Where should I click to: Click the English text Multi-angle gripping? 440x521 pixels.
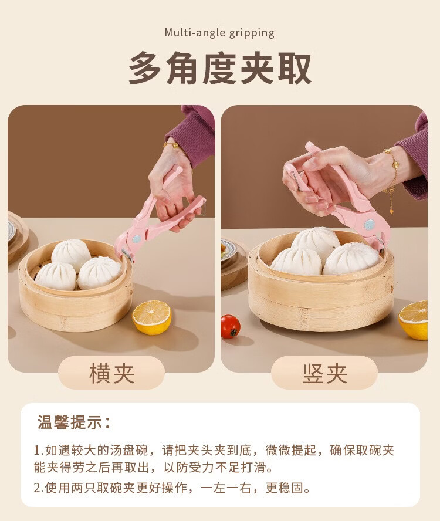(219, 33)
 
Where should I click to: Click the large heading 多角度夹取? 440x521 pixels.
(220, 68)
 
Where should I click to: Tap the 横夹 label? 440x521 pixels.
(111, 374)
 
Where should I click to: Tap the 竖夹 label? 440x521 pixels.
(324, 374)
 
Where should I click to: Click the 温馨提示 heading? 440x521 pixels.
(73, 422)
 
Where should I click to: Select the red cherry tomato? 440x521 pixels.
(230, 327)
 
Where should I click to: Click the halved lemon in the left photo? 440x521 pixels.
(152, 317)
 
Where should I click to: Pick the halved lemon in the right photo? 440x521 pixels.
(414, 320)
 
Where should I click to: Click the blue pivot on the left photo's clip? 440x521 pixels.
(137, 238)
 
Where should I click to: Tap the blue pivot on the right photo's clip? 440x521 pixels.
(369, 225)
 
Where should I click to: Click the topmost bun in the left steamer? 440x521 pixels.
(71, 255)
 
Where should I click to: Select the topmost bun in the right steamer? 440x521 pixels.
(316, 242)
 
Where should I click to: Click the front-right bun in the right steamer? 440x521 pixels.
(351, 259)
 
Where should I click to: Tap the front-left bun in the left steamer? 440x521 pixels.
(56, 276)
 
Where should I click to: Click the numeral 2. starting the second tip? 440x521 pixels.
(39, 488)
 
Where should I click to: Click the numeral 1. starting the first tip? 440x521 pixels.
(39, 450)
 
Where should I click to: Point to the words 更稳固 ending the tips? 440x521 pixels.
(288, 488)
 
